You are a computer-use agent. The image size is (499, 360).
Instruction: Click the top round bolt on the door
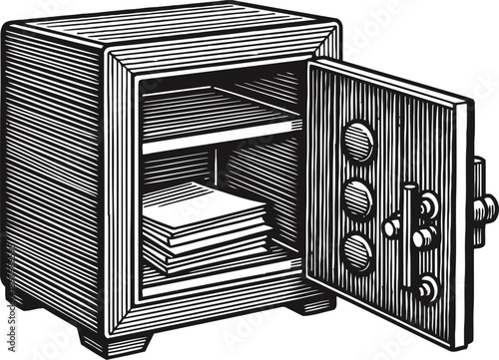(358, 141)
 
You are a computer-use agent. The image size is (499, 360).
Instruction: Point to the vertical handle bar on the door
(408, 236)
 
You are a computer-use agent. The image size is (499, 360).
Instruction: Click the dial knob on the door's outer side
(485, 207)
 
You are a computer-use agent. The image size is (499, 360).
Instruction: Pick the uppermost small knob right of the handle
(429, 204)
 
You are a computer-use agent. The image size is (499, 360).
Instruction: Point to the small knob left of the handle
(390, 228)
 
